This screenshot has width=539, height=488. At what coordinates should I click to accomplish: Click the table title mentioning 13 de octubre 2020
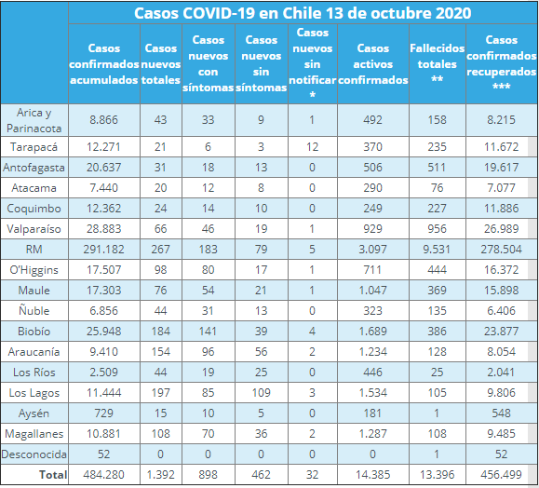point(302,13)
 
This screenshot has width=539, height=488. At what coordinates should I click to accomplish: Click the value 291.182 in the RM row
point(103,250)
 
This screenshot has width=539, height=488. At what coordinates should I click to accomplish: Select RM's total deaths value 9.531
point(437,250)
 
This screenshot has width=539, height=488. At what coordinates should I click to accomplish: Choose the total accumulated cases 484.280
point(103,475)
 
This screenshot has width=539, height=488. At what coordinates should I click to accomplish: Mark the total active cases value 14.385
point(372,475)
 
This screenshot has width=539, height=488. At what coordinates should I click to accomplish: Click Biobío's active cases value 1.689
point(372,331)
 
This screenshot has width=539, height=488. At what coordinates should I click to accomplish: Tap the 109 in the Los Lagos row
point(262,392)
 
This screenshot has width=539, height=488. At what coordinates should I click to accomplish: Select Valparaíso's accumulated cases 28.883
point(103,229)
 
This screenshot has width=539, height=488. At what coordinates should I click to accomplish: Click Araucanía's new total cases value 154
point(161,351)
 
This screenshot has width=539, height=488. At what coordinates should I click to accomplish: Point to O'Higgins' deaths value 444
point(437,270)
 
